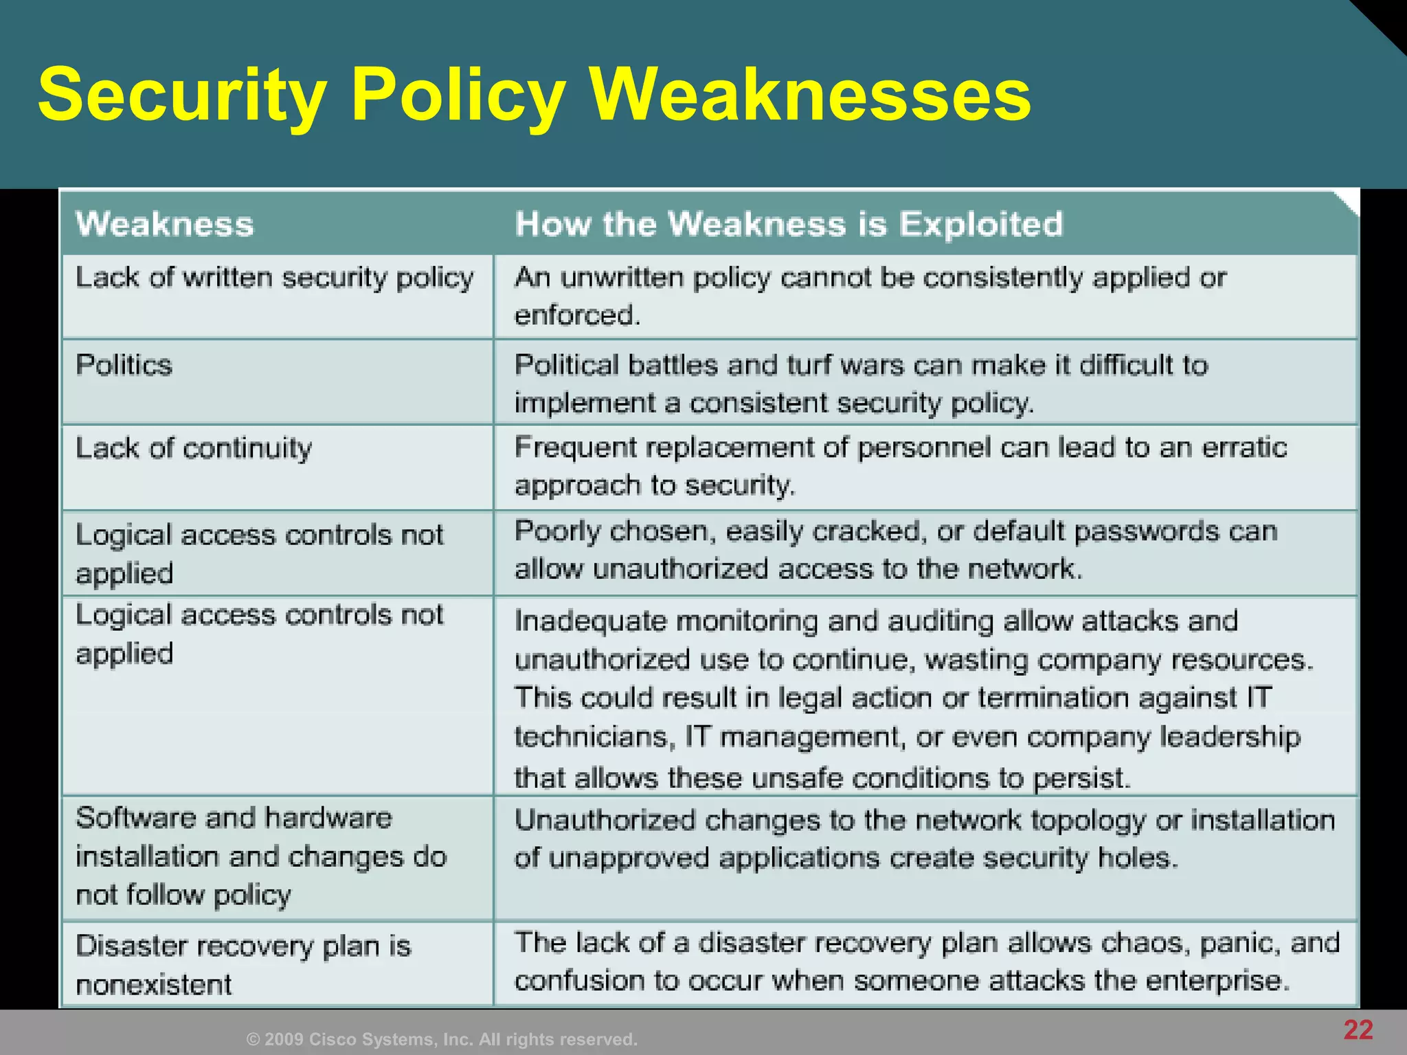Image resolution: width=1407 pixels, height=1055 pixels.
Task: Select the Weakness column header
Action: pyautogui.click(x=165, y=224)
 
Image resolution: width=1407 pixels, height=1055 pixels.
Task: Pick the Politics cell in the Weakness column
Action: pyautogui.click(x=124, y=365)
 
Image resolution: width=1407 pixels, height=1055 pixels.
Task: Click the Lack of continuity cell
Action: pyautogui.click(x=194, y=448)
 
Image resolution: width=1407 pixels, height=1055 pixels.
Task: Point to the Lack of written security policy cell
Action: pyautogui.click(x=275, y=277)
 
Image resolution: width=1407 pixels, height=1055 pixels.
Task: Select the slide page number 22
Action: pyautogui.click(x=1358, y=1030)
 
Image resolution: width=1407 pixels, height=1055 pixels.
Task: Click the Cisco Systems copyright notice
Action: pyautogui.click(x=442, y=1039)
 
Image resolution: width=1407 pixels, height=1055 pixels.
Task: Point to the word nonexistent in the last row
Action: pyautogui.click(x=154, y=984)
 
